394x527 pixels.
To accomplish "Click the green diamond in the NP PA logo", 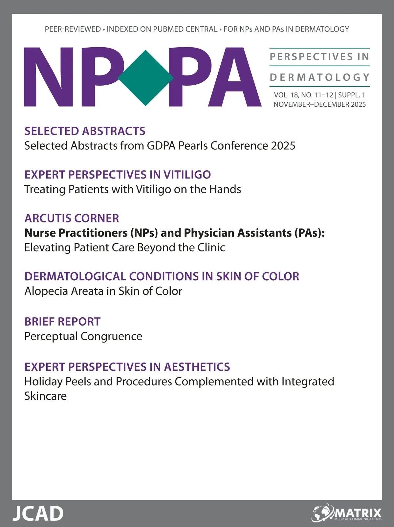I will coord(145,78).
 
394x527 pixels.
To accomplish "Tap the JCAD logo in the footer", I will coord(38,514).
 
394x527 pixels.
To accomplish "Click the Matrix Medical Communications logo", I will coord(347,514).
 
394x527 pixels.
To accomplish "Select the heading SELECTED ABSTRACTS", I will coord(85,131).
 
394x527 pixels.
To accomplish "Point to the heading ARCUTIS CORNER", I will coord(72,218).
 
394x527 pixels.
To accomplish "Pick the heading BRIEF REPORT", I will coord(62,322).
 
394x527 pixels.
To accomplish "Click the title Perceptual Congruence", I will coord(83,336).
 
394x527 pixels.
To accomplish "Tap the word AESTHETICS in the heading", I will coord(197,367).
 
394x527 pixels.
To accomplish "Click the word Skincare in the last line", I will coord(45,396).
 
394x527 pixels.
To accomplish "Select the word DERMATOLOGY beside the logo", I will coord(320,77).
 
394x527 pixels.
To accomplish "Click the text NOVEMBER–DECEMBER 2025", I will coord(319,104).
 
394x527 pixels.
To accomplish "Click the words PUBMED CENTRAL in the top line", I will coord(185,29).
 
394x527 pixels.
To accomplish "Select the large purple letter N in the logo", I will coord(49,77).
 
